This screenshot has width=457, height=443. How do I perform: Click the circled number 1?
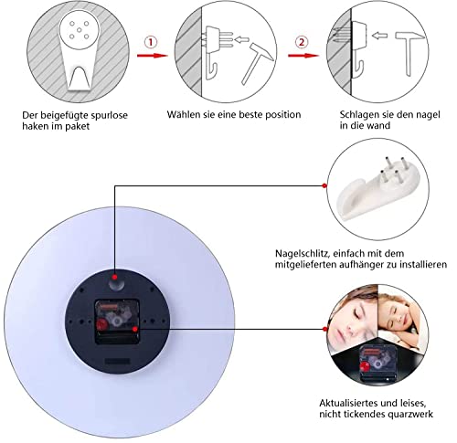click(x=152, y=42)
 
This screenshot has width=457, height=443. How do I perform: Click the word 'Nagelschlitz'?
click(x=310, y=253)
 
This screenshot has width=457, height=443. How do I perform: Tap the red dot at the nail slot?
click(x=113, y=278)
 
